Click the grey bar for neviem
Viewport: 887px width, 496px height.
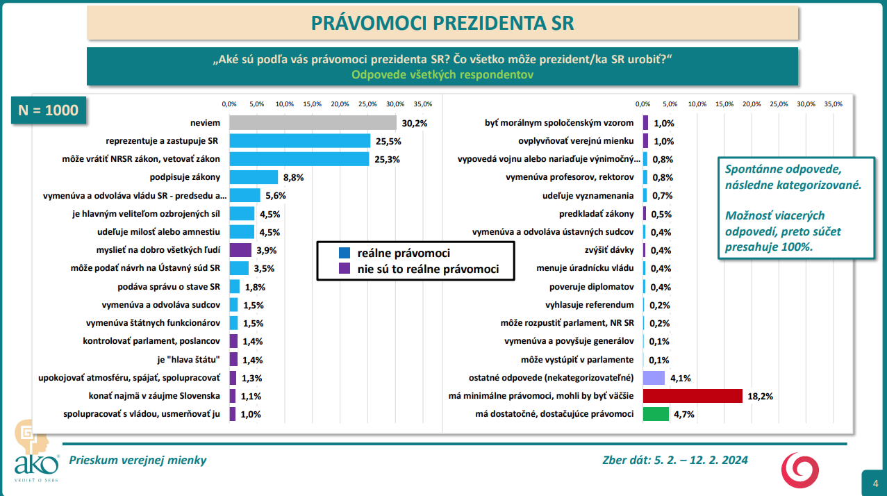click(x=313, y=123)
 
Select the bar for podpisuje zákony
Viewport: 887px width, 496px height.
click(x=254, y=177)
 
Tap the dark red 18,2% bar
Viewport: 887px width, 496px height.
click(x=693, y=396)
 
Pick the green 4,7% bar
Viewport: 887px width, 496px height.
click(x=656, y=414)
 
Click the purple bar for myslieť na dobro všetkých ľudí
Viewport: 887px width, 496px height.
click(x=240, y=250)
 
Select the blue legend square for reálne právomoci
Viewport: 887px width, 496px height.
click(x=345, y=254)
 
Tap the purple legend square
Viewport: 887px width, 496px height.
click(x=345, y=269)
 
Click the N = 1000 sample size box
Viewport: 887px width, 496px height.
click(x=49, y=110)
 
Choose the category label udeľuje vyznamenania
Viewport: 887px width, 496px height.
click(x=588, y=196)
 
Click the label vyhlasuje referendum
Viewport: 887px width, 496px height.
click(x=590, y=305)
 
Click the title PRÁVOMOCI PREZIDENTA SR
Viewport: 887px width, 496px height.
click(x=442, y=23)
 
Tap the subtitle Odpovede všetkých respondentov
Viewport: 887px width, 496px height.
click(x=442, y=75)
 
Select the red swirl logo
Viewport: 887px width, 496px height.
click(x=800, y=470)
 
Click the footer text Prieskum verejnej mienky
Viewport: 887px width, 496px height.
click(x=138, y=460)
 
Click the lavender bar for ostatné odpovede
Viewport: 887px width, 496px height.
click(x=654, y=378)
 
